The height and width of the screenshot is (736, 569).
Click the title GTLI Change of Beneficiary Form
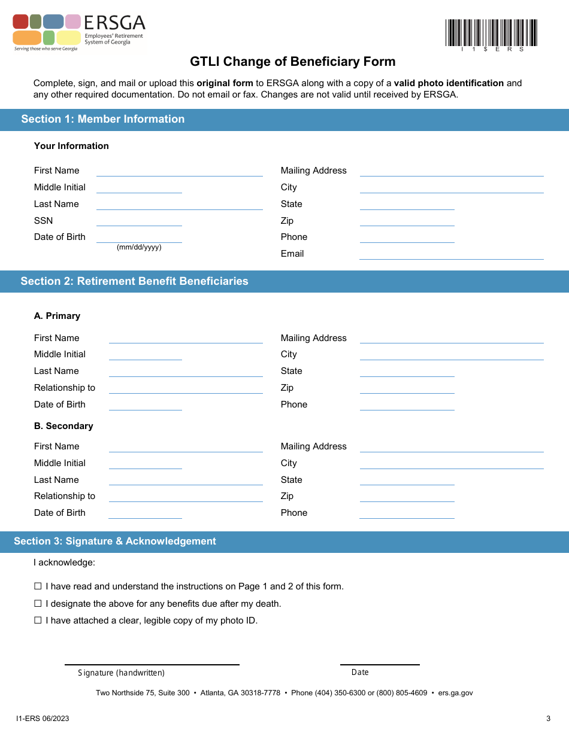point(293,62)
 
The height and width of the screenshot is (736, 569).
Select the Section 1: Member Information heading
point(102,119)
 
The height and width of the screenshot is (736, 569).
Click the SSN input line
point(139,221)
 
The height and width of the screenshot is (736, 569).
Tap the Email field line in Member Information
point(451,254)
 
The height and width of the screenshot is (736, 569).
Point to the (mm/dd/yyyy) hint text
point(139,247)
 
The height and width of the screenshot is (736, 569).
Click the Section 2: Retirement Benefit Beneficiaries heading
point(134,281)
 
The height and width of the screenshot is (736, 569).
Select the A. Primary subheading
point(57,316)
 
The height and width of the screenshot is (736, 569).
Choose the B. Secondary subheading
point(63,426)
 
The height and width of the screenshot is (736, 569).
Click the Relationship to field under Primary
point(186,388)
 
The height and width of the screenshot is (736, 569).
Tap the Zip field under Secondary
point(407,497)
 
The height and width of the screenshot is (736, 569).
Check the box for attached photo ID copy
point(38,621)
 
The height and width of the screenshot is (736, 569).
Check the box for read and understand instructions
point(38,586)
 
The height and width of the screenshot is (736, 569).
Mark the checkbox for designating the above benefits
point(38,604)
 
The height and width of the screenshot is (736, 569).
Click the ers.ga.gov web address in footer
point(455,693)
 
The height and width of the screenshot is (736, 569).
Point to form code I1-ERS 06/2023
point(43,719)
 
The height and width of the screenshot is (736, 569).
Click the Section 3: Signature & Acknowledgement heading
point(115,542)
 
